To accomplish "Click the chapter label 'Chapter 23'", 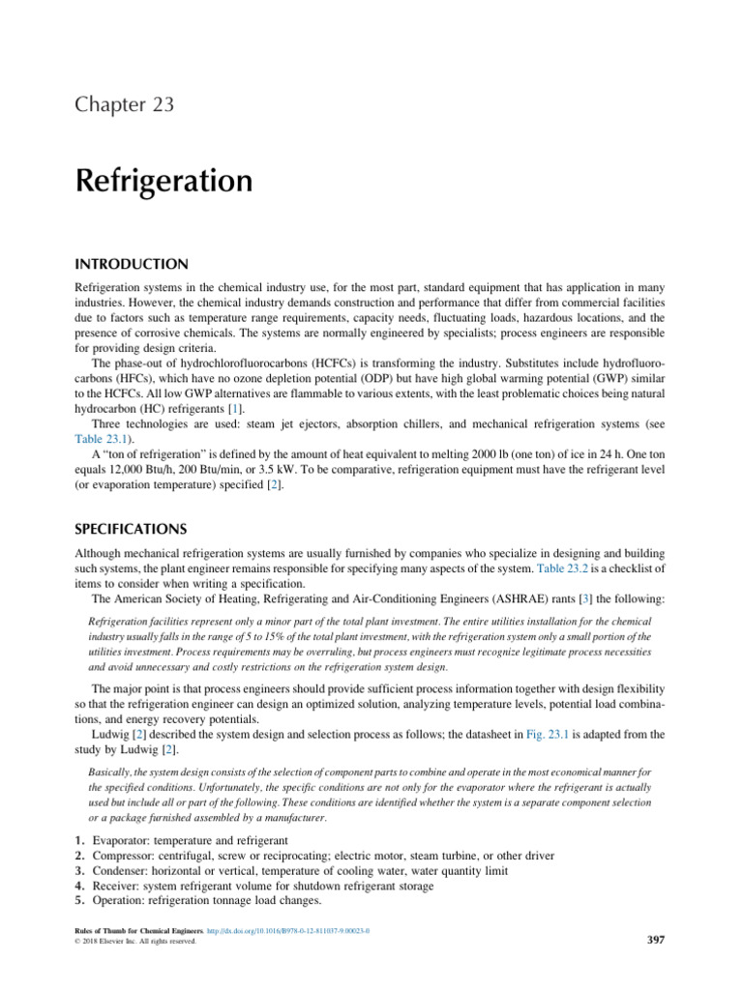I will (124, 104).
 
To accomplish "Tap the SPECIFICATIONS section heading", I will (136, 529).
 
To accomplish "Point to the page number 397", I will (655, 939).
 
